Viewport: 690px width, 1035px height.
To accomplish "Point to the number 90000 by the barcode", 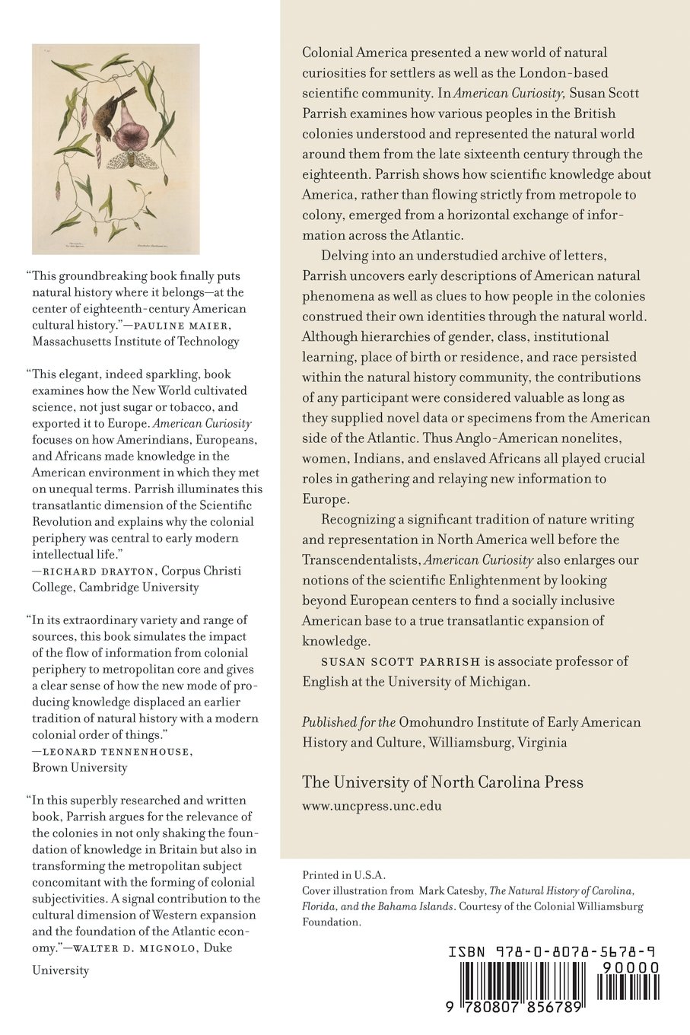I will (x=629, y=968).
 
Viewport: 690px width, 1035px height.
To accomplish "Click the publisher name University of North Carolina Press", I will (x=443, y=782).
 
